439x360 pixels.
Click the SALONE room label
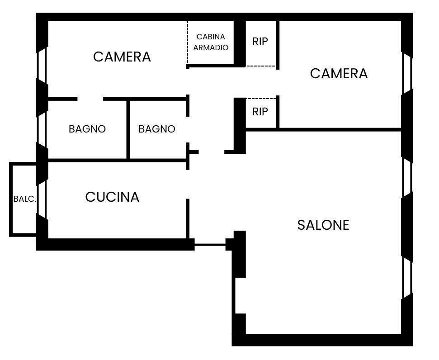click(323, 225)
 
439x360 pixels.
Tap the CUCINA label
click(112, 197)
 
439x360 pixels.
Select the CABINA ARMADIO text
click(211, 42)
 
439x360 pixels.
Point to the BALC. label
click(24, 199)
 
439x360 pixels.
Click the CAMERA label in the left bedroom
click(122, 57)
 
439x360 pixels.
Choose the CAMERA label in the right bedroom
click(339, 73)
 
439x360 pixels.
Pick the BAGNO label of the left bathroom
click(87, 129)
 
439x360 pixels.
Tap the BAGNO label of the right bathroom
click(157, 129)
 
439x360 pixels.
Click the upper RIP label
click(260, 42)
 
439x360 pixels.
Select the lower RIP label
click(260, 112)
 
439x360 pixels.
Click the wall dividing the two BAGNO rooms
click(128, 129)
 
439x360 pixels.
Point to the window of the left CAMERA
click(42, 63)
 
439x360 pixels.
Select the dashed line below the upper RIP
click(261, 66)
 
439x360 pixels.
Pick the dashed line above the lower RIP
click(261, 98)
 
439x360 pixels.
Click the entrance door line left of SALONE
click(210, 245)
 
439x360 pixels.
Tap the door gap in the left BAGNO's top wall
click(90, 99)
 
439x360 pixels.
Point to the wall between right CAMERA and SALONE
click(339, 130)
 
